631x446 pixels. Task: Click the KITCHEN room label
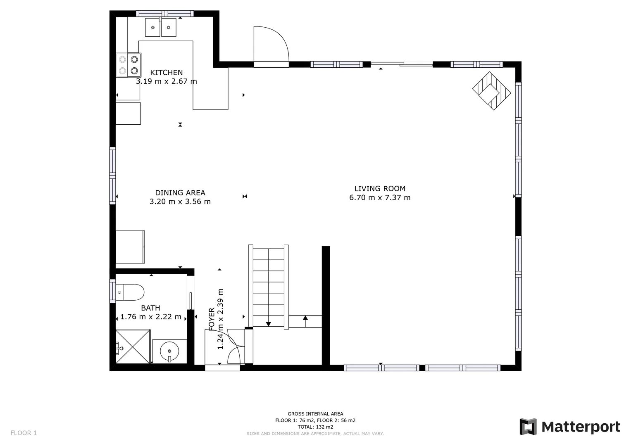166,73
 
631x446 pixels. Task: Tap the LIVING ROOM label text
380,189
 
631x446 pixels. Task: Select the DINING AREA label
180,193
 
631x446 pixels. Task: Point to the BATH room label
150,308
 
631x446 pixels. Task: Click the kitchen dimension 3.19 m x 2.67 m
166,81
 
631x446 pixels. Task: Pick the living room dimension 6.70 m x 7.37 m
380,197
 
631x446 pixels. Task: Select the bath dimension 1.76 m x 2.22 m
150,317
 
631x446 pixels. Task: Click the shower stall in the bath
133,346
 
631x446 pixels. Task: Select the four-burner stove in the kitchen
128,65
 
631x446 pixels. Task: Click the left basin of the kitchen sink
152,28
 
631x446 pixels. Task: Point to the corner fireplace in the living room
491,91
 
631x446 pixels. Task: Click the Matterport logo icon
528,427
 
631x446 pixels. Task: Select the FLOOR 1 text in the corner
24,433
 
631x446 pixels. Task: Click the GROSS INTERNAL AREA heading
315,414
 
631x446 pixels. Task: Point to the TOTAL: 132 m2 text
315,427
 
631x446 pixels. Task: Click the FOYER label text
212,319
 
